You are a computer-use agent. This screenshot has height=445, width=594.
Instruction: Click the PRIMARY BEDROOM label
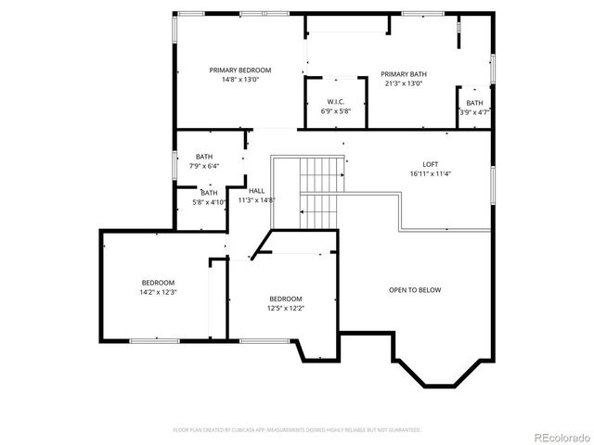coord(239,70)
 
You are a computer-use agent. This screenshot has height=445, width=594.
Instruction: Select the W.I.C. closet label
coord(336,102)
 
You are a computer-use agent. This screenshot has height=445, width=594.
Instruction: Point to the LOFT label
coord(430,164)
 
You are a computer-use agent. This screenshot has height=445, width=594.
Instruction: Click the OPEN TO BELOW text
coord(415,290)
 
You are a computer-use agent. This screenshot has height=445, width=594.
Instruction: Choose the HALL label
coord(256,190)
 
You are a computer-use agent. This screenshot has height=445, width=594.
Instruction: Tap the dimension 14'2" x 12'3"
coord(158,292)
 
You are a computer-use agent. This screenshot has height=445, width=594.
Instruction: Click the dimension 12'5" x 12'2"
coord(285,308)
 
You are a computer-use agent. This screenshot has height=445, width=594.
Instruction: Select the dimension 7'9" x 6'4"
coord(204,166)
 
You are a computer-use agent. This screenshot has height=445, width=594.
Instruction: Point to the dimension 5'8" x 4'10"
coord(210,201)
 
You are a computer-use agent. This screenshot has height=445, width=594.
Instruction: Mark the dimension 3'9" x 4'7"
coord(474,112)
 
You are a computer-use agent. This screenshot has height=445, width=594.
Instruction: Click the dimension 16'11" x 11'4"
coord(430,173)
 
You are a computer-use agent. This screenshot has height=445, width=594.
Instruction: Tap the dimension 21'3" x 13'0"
coord(404,83)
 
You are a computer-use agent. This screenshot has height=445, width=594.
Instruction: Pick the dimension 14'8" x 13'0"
coord(239,80)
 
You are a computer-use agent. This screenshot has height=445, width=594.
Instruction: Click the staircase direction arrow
coord(303,212)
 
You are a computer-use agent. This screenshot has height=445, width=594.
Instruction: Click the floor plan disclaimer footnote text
coord(297,430)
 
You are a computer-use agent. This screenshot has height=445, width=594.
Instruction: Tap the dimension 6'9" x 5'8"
coord(336,111)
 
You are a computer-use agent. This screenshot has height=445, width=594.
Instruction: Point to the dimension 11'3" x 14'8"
coord(256,199)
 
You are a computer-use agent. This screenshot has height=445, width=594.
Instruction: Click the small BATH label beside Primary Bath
coord(474,103)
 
